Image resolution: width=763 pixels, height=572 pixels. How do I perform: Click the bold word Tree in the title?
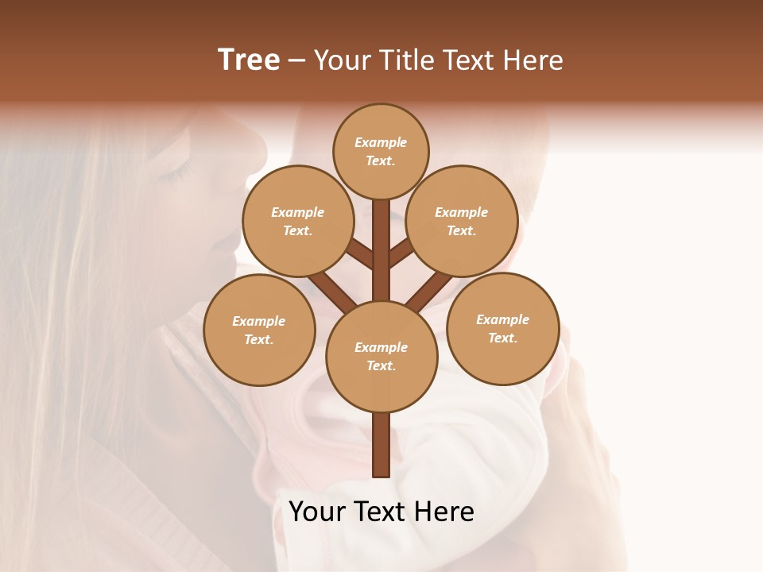pyautogui.click(x=249, y=60)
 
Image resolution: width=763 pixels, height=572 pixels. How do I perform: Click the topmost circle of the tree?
pyautogui.click(x=381, y=151)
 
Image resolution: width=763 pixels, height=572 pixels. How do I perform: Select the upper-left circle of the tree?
pyautogui.click(x=298, y=221)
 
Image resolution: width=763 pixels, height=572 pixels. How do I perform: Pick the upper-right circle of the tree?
pyautogui.click(x=462, y=221)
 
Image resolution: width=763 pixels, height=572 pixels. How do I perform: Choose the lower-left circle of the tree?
pyautogui.click(x=259, y=330)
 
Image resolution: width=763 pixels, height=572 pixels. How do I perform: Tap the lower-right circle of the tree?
pyautogui.click(x=502, y=328)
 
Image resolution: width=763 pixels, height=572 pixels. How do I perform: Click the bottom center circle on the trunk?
pyautogui.click(x=381, y=356)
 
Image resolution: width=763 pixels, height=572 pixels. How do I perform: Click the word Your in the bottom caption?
pyautogui.click(x=317, y=512)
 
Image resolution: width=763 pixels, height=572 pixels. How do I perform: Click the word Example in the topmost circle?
pyautogui.click(x=381, y=142)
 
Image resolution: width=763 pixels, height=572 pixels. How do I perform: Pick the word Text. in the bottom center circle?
pyautogui.click(x=381, y=365)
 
